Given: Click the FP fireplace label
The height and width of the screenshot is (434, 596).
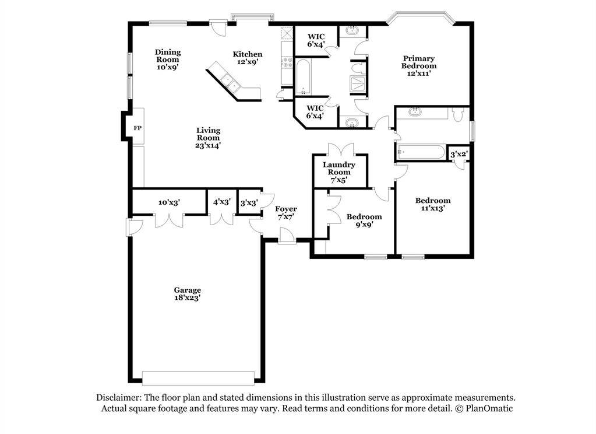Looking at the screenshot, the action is pos(137,128).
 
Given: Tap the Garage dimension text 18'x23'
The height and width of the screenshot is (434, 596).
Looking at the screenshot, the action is pos(187,298).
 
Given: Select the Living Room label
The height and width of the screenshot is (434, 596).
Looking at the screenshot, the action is pos(208,134).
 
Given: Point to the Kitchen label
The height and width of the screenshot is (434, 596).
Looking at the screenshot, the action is pos(248,54).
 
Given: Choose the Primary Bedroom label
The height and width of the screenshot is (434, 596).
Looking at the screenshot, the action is pos(419,62).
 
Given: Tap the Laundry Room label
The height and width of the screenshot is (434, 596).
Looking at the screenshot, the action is pos(339,168).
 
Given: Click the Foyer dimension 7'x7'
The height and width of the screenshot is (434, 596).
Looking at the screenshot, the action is pos(286,216).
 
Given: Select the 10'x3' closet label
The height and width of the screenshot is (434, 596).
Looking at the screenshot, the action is pos(169,202).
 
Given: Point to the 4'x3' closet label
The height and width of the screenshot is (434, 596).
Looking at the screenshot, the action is pos(221,202).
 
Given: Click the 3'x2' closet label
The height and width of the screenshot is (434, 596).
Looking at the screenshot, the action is pos(459,154).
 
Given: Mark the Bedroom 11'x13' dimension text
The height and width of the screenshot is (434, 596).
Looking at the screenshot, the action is pos(433,208).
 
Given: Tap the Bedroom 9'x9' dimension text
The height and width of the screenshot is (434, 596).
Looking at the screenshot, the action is pos(364,225).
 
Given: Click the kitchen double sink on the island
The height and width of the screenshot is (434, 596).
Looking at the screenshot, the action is pos(230,83).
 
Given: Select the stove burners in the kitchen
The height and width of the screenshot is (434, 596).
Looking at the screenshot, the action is pos(287,62).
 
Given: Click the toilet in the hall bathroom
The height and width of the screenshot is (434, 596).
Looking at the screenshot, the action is pos(457,114).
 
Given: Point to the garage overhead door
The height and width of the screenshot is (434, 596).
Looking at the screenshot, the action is pos(198,377).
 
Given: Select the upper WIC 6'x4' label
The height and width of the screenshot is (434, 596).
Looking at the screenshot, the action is pos(316,40).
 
